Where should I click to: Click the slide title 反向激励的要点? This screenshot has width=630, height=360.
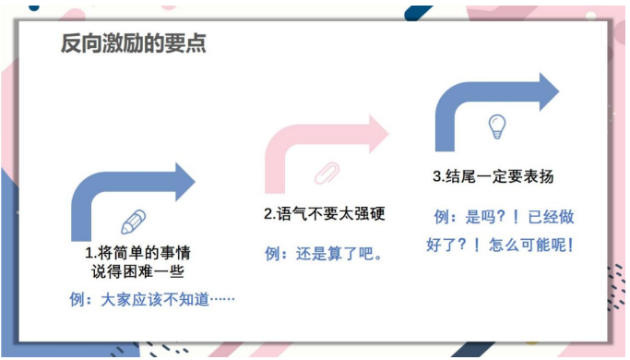pos(134,42)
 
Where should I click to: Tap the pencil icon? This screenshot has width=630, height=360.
pos(134,222)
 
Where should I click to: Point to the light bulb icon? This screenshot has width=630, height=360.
pos(497,126)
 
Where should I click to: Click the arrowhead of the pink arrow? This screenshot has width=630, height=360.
pos(376,135)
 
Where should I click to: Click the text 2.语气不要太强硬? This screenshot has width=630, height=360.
pos(323,214)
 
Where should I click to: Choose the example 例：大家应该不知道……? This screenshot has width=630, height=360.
pos(152,300)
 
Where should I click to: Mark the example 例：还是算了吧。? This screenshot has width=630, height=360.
pos(323,254)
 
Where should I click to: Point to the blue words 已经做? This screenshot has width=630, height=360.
pos(551,217)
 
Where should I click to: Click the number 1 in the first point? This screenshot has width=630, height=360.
pos(89,252)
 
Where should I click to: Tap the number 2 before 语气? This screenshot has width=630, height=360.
pos(267,214)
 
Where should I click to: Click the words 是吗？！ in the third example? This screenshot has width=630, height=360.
pos(492,217)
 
